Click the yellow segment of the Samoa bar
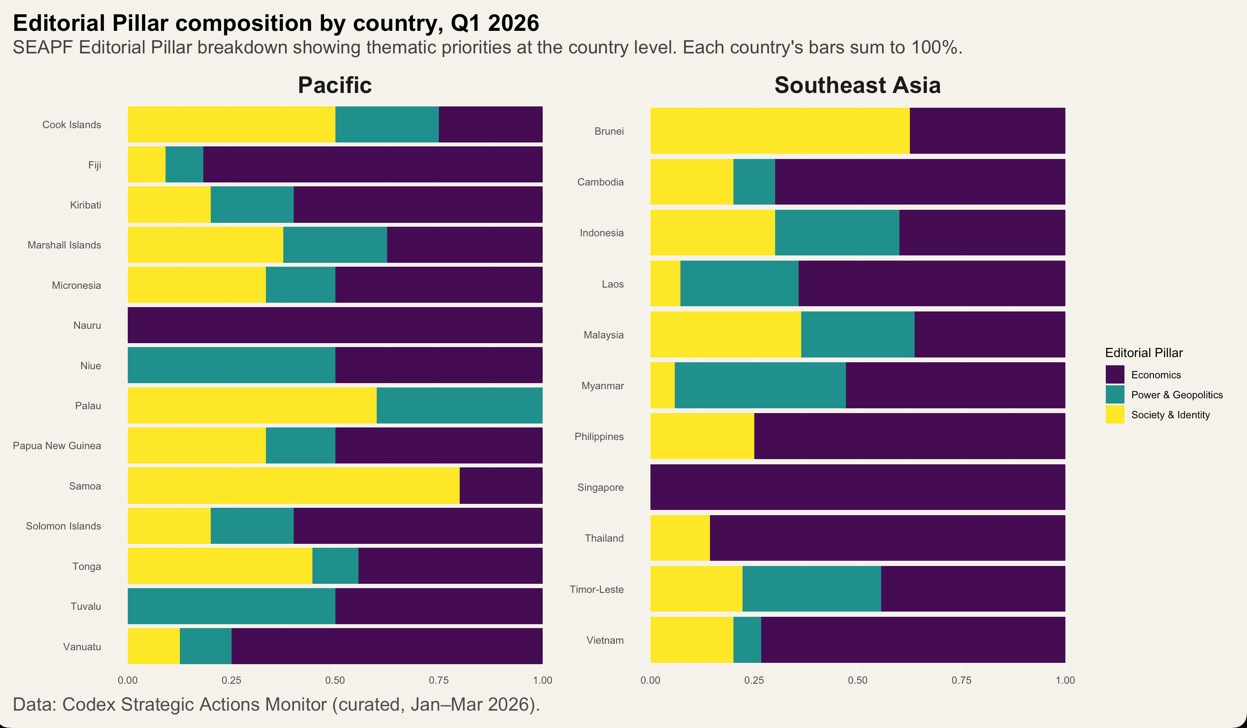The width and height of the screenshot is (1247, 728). pyautogui.click(x=293, y=486)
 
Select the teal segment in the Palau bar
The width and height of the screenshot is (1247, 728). pyautogui.click(x=460, y=406)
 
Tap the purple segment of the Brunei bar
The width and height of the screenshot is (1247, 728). pyautogui.click(x=987, y=131)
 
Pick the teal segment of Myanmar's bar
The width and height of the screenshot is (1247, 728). pyautogui.click(x=760, y=385)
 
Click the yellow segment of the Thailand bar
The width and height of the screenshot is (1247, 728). pyautogui.click(x=680, y=538)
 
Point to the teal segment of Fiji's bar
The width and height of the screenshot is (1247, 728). pyautogui.click(x=184, y=165)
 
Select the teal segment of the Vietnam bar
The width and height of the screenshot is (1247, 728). pyautogui.click(x=747, y=640)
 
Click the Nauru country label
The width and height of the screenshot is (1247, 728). pyautogui.click(x=87, y=325)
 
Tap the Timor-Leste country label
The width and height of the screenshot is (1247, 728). pyautogui.click(x=596, y=589)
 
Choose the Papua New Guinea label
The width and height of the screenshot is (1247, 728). pyautogui.click(x=57, y=446)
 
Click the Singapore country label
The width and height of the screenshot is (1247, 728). pyautogui.click(x=600, y=488)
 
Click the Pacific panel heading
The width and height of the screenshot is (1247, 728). pyautogui.click(x=335, y=85)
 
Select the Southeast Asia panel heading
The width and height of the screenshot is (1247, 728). pyautogui.click(x=858, y=85)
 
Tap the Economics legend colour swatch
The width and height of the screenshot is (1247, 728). pyautogui.click(x=1115, y=374)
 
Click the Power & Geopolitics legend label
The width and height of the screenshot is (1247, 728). pyautogui.click(x=1177, y=395)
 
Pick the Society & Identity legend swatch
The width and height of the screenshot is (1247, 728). pyautogui.click(x=1115, y=414)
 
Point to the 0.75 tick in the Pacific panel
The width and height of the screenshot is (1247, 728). pyautogui.click(x=438, y=680)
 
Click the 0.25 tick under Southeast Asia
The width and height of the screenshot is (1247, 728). pyautogui.click(x=754, y=680)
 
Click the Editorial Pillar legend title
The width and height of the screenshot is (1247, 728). pyautogui.click(x=1144, y=353)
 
